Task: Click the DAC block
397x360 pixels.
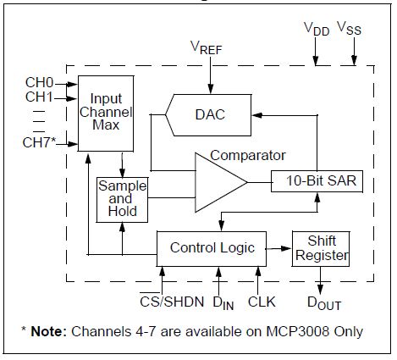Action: point(208,115)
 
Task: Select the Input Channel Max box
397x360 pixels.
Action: point(106,114)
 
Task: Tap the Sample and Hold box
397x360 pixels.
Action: point(122,200)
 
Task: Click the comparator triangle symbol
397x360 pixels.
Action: point(221,182)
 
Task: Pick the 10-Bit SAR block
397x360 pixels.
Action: point(317,181)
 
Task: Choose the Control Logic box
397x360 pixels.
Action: point(212,249)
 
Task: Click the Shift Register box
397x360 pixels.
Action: point(321,249)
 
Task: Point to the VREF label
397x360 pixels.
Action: point(207,47)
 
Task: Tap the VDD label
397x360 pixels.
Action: point(317,29)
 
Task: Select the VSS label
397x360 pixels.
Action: point(349,28)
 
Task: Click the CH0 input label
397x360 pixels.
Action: point(39,83)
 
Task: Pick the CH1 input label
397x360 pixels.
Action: point(39,97)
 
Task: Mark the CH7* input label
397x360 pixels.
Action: point(39,142)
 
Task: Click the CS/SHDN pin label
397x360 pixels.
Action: point(172,301)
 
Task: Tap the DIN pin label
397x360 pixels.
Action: point(223,303)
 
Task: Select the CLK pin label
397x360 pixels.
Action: point(262,302)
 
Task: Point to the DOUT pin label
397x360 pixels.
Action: point(324,303)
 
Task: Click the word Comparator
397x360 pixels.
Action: point(248,156)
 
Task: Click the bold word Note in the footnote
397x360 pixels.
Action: point(48,331)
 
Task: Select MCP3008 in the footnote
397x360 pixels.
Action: point(298,331)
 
